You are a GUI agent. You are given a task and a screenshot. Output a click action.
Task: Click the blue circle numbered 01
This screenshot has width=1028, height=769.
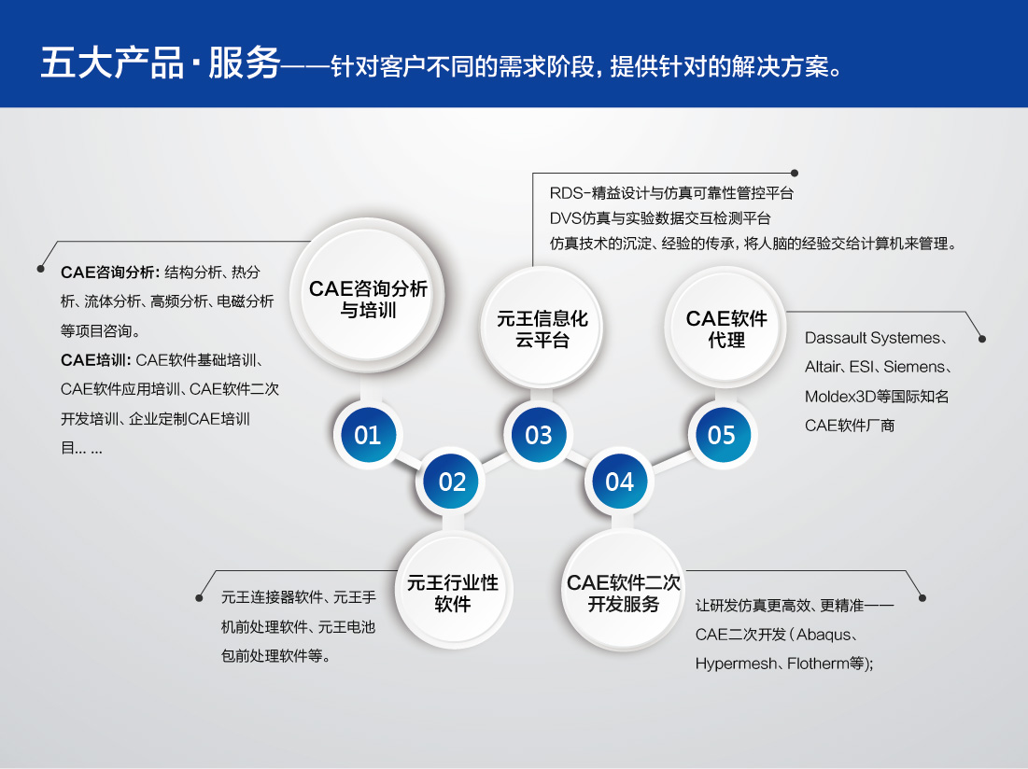pyautogui.click(x=368, y=435)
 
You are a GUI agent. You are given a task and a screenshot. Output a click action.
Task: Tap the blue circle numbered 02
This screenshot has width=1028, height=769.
pyautogui.click(x=452, y=482)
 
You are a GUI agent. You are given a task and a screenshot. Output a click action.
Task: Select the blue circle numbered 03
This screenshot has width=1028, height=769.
pyautogui.click(x=538, y=435)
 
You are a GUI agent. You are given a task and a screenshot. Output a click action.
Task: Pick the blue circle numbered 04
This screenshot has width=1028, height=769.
pyautogui.click(x=620, y=482)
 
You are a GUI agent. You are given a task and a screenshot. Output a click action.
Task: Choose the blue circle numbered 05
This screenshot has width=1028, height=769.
pyautogui.click(x=722, y=435)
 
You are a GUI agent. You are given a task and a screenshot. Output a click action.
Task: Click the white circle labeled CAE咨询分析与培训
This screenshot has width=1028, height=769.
pyautogui.click(x=367, y=296)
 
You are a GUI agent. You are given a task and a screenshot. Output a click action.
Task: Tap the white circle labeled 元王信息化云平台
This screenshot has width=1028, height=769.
pyautogui.click(x=542, y=329)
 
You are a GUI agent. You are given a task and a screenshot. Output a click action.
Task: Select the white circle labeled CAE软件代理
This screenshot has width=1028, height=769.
pyautogui.click(x=725, y=328)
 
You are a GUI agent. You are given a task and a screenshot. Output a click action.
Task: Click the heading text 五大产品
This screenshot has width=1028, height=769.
pyautogui.click(x=112, y=63)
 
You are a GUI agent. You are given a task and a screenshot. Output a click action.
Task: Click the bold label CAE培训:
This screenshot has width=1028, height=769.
pyautogui.click(x=96, y=360)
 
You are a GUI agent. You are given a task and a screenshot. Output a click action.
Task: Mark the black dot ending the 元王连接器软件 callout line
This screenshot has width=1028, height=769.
pyautogui.click(x=199, y=598)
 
